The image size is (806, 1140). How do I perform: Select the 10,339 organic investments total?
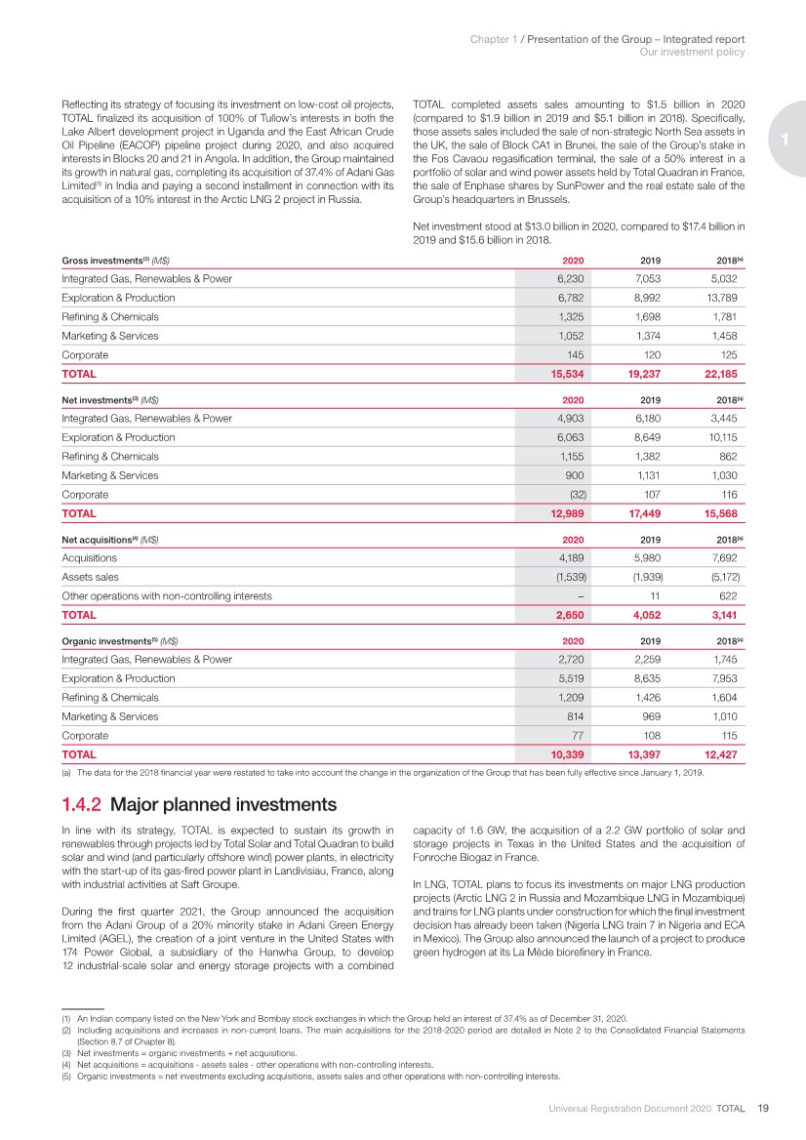(x=570, y=754)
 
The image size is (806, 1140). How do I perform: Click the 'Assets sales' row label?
(x=85, y=577)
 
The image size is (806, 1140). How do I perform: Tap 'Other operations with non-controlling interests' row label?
(x=167, y=596)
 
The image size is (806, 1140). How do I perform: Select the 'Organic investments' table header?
(x=120, y=640)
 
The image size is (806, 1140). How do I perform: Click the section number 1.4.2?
(x=82, y=805)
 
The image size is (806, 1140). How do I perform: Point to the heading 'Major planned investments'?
(x=223, y=805)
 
